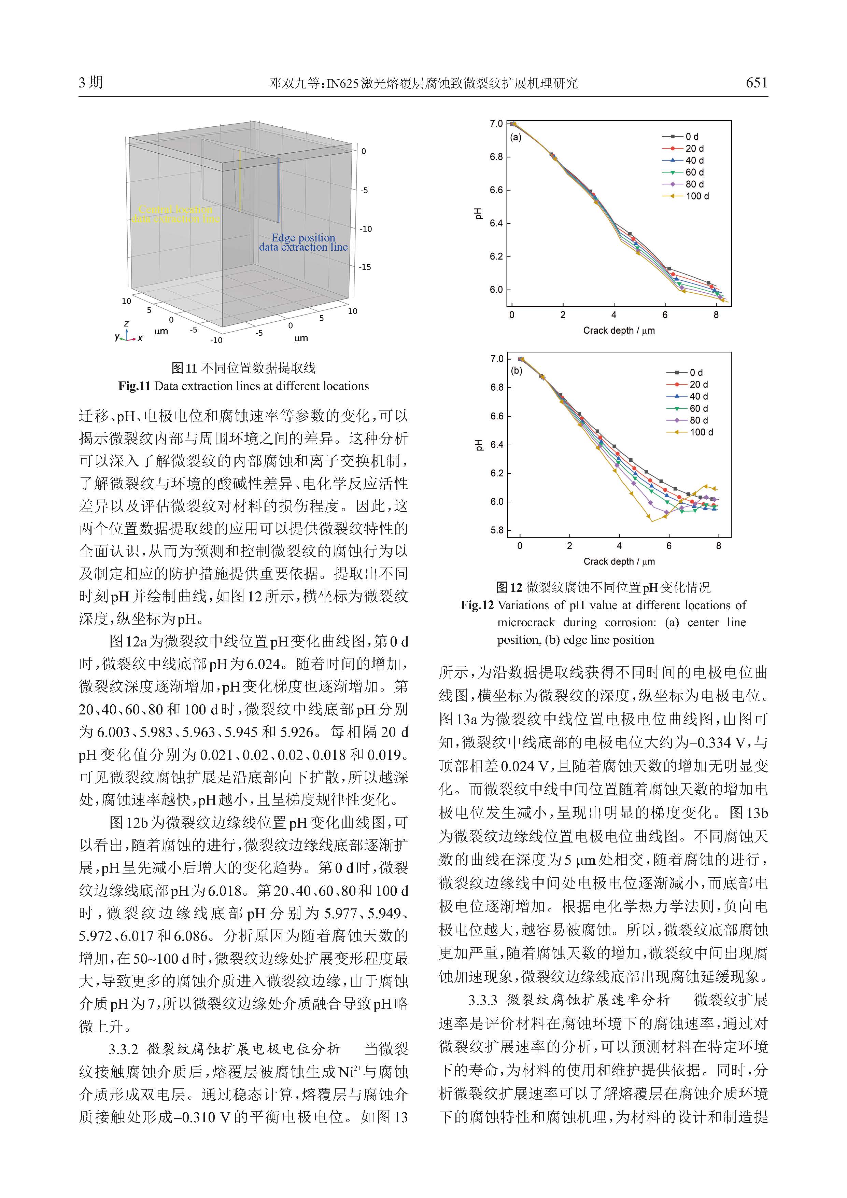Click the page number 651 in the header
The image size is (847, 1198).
756,82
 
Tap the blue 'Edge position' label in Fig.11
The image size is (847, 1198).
303,238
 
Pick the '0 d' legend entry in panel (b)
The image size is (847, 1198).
696,373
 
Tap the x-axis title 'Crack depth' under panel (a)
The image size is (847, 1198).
619,330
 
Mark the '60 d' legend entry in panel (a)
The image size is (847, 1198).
694,172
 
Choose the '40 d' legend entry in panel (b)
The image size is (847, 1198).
698,396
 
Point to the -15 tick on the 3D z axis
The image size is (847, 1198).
365,267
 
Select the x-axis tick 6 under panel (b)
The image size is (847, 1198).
669,546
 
